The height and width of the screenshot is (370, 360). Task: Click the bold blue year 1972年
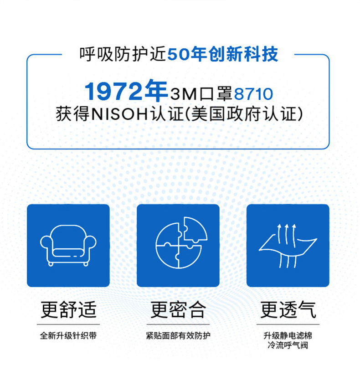126,91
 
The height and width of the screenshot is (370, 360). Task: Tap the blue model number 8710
253,94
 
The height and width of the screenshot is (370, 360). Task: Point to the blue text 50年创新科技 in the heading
223,54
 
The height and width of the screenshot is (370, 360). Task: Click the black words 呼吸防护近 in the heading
123,54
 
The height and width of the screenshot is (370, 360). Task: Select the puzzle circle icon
181,242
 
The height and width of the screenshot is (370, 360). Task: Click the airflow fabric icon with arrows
288,246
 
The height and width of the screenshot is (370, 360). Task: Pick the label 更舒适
68,309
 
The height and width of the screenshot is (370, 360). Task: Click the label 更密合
178,309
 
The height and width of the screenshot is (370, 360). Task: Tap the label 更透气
288,309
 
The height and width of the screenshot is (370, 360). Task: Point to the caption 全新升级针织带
68,335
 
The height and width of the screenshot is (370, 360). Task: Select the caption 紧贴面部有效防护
178,335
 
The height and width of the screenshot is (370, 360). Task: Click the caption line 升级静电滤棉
288,335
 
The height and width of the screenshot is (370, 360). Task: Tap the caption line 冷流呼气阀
288,345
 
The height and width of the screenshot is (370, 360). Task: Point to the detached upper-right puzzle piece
195,229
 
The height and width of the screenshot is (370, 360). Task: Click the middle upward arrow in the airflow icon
287,234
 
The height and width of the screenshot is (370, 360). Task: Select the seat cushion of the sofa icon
68,253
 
